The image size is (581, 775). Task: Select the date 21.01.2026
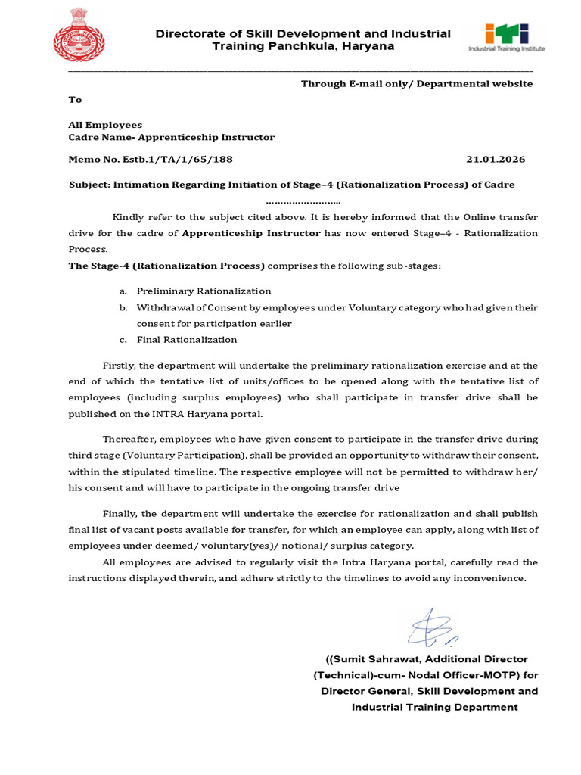tap(496, 160)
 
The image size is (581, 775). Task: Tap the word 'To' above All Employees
tap(75, 99)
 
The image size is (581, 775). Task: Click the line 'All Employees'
tap(105, 125)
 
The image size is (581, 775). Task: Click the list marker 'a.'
tap(123, 291)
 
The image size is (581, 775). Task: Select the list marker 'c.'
tap(123, 340)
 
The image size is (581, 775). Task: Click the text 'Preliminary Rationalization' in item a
tap(204, 291)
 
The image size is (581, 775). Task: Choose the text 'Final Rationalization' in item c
tap(187, 340)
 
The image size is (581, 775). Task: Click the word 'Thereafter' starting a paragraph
tap(129, 439)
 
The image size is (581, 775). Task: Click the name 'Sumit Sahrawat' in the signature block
tap(372, 659)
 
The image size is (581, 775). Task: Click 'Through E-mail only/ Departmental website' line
tap(417, 84)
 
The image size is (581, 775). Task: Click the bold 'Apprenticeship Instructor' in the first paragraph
tap(251, 233)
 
